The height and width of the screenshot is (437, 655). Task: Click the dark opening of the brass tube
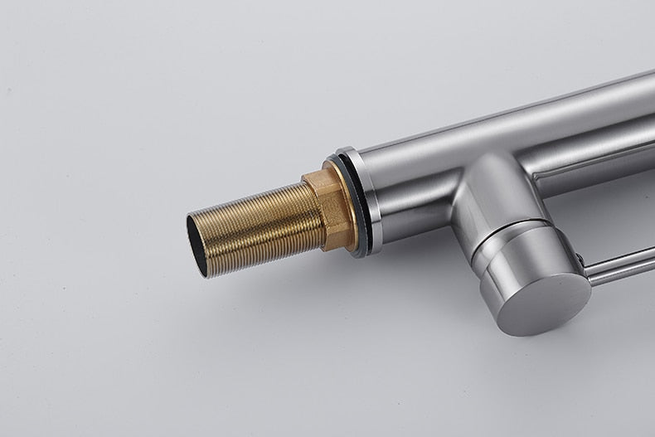(x=197, y=244)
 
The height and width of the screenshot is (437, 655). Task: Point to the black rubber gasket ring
(x=359, y=203)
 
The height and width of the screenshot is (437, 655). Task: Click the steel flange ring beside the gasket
(x=371, y=199)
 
